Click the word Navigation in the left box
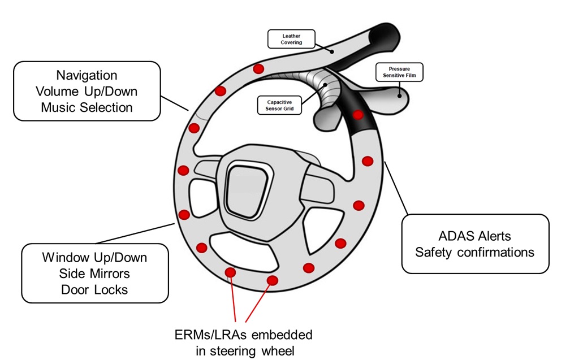point(87,75)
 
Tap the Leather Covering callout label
point(292,39)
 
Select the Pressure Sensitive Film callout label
point(399,72)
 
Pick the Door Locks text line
point(94,290)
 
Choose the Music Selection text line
point(87,107)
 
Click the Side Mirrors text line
point(94,274)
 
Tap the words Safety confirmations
point(474,252)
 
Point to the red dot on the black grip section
point(358,115)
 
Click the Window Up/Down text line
point(94,258)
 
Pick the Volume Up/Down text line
point(87,91)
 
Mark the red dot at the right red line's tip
point(273,280)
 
